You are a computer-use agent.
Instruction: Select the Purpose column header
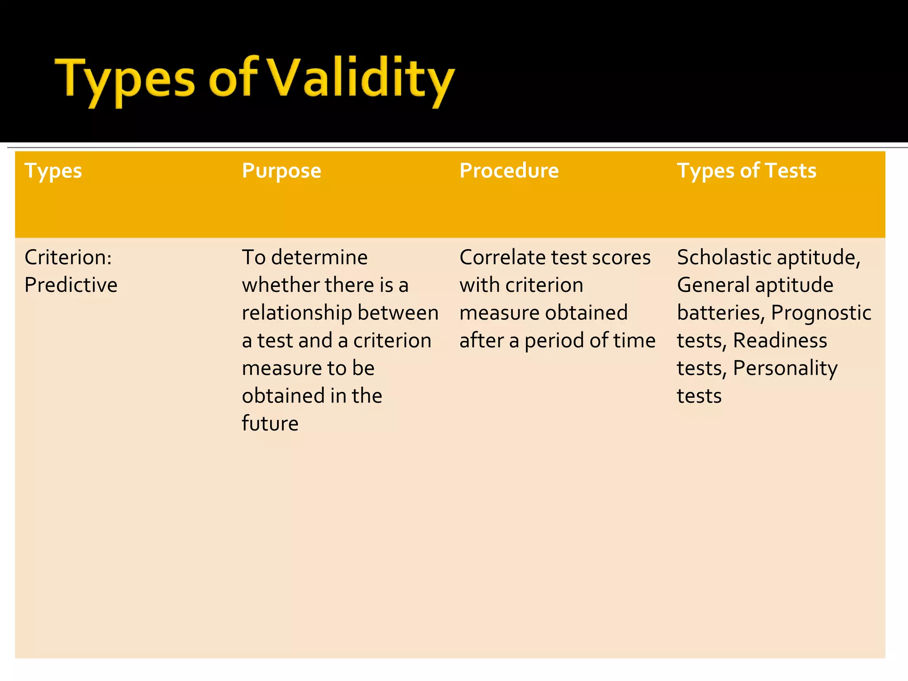pyautogui.click(x=282, y=171)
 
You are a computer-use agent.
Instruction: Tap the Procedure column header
pyautogui.click(x=509, y=171)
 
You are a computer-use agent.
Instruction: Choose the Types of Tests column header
pyautogui.click(x=746, y=171)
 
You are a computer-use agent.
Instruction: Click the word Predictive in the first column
pyautogui.click(x=71, y=285)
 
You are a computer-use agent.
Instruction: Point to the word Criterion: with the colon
pyautogui.click(x=68, y=257)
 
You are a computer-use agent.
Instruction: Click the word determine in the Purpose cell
pyautogui.click(x=319, y=257)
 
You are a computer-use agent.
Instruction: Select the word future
pyautogui.click(x=270, y=423)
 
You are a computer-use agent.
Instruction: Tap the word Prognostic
pyautogui.click(x=821, y=313)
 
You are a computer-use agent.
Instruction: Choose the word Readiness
pyautogui.click(x=780, y=340)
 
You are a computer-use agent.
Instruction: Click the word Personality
pyautogui.click(x=785, y=368)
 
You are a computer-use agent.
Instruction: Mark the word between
pyautogui.click(x=398, y=313)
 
